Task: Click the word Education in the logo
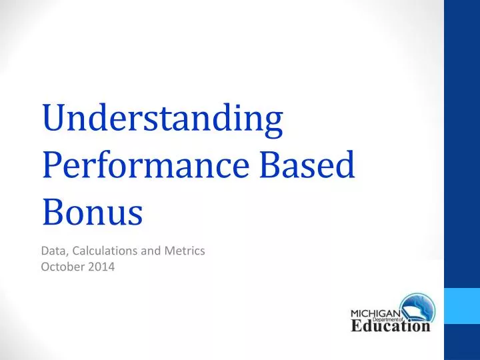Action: (391, 327)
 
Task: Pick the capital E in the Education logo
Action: (357, 327)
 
